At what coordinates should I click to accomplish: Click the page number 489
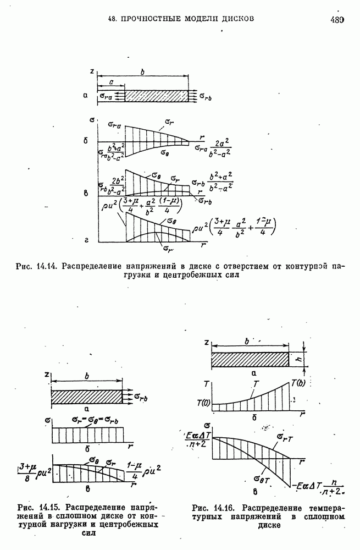[336, 20]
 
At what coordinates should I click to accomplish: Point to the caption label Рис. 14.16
[211, 507]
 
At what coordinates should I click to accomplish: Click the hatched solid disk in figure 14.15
[86, 395]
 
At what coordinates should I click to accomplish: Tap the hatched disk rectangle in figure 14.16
[250, 360]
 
